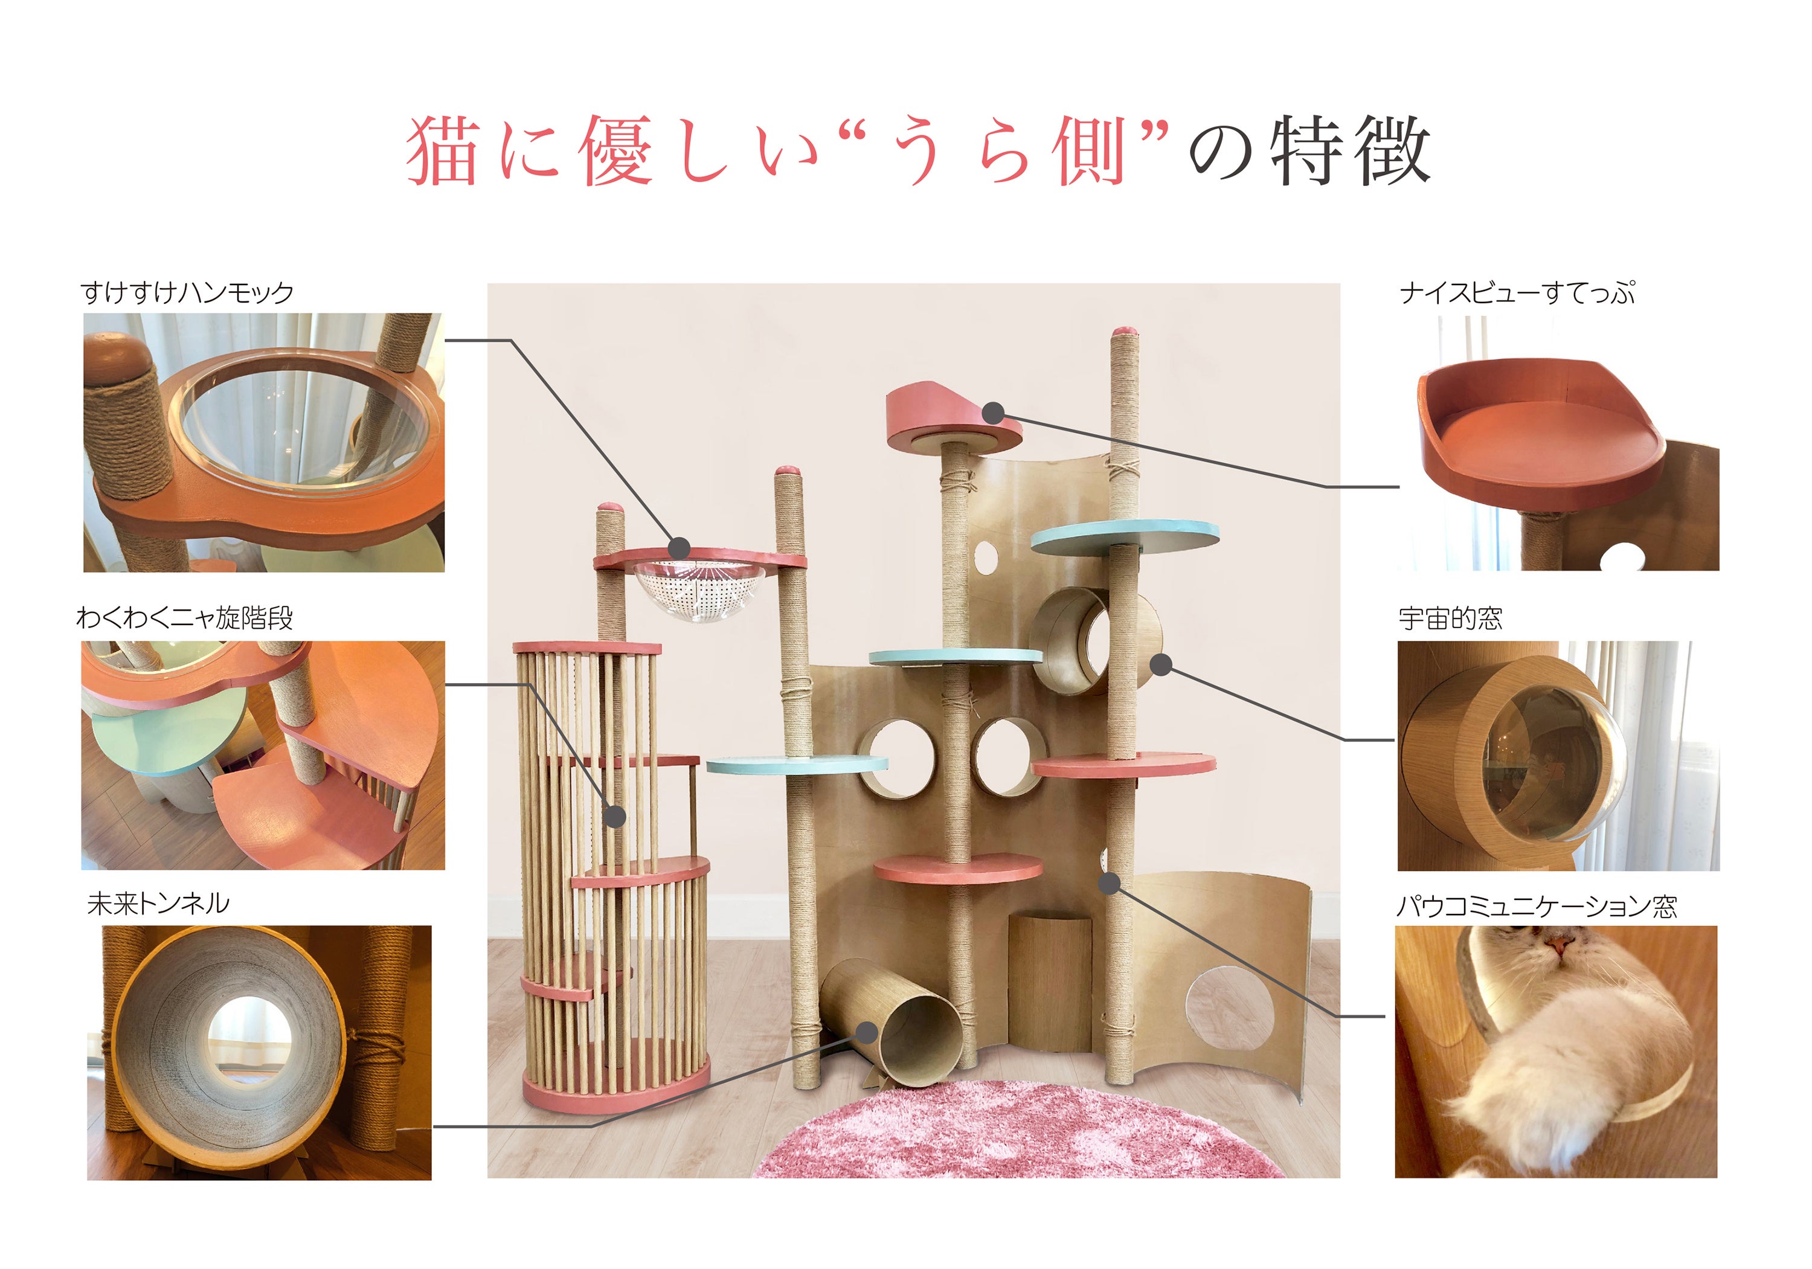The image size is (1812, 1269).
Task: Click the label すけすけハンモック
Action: pos(187,293)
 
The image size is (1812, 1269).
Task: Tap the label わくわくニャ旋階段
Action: pos(185,617)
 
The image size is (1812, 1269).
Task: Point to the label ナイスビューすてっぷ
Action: pos(1517,293)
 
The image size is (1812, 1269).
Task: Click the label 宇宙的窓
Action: pos(1451,618)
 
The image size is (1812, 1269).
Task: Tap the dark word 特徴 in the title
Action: pos(1351,150)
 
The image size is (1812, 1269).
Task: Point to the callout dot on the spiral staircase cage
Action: pos(614,816)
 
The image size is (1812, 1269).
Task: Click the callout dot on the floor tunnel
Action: pos(867,1032)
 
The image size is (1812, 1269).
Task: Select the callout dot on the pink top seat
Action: pos(994,412)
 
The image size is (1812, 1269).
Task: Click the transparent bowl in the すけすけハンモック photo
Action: pos(304,426)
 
